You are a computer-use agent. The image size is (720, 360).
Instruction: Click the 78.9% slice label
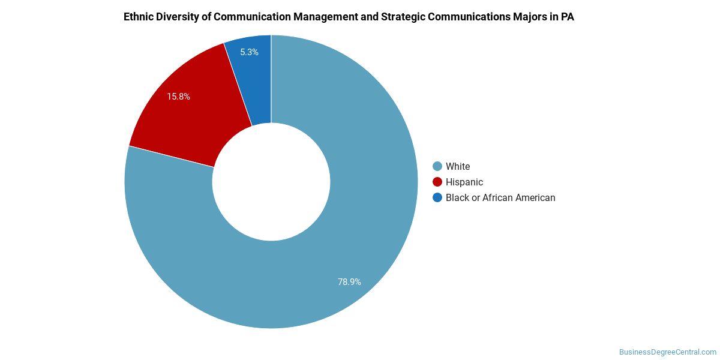[349, 281]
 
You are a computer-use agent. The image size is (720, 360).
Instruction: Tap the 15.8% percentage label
[178, 96]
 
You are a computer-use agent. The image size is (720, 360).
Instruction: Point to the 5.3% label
[249, 52]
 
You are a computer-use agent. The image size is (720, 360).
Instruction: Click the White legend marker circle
[437, 166]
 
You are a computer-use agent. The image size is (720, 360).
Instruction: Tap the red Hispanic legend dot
[437, 182]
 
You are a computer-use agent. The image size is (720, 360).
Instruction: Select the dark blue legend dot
[437, 197]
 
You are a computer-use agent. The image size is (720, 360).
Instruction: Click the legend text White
[458, 166]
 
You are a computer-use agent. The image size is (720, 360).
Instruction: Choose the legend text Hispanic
[464, 182]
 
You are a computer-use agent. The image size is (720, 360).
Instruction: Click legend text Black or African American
[500, 197]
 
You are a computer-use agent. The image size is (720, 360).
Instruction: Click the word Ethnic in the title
[139, 17]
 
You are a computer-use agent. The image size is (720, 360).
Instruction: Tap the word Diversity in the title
[179, 17]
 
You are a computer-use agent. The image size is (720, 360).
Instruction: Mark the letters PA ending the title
[567, 17]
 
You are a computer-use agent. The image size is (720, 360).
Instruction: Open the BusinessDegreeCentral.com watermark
[668, 352]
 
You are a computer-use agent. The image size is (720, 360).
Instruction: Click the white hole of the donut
[271, 182]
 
